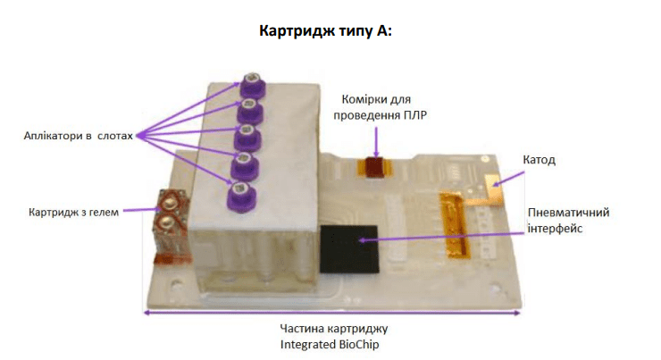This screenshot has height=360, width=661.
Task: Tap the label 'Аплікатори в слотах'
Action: point(78,137)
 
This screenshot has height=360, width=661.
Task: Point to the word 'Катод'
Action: point(539,160)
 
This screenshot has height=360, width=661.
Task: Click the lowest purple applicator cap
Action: point(239,191)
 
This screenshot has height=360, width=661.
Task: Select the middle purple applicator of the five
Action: point(246,138)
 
